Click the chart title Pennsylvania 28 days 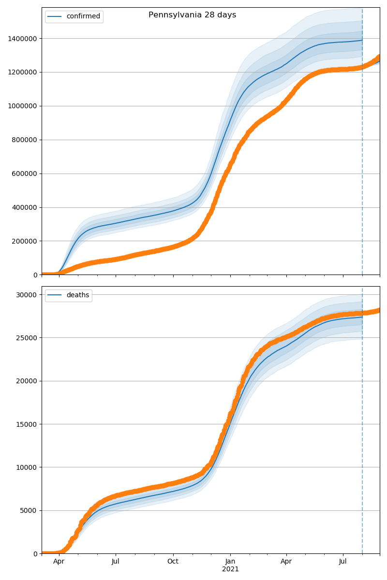pyautogui.click(x=192, y=15)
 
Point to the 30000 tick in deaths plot pyautogui.click(x=28, y=295)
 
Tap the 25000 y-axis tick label pyautogui.click(x=28, y=338)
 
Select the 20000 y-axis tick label pyautogui.click(x=28, y=381)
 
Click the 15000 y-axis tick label pyautogui.click(x=28, y=424)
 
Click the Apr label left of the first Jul pyautogui.click(x=59, y=562)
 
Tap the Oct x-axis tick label pyautogui.click(x=173, y=562)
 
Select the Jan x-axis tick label pyautogui.click(x=230, y=562)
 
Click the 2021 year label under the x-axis pyautogui.click(x=230, y=569)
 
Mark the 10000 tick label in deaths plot pyautogui.click(x=28, y=467)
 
